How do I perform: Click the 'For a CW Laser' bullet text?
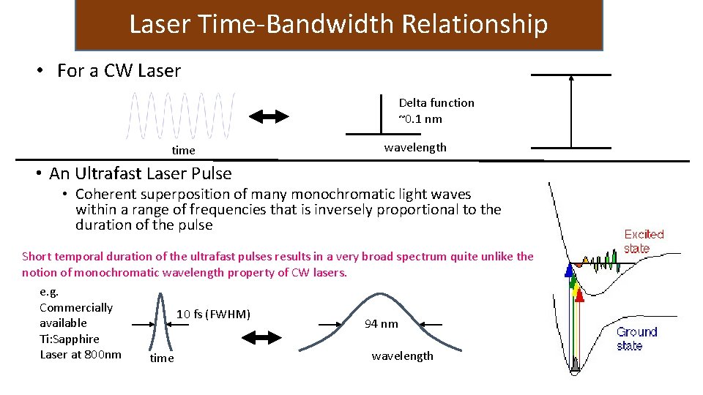119,71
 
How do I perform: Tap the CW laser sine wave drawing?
182,116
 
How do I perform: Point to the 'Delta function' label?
436,103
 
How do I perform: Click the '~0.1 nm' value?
420,118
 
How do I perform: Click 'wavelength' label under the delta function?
415,148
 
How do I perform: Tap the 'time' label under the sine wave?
183,151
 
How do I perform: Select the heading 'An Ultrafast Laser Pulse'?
140,173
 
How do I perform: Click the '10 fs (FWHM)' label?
213,315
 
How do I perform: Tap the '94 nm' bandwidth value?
381,324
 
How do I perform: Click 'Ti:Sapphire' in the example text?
70,339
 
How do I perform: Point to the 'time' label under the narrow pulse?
161,358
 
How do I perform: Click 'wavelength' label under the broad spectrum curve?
402,356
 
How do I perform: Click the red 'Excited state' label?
644,241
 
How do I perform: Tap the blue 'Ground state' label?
636,339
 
